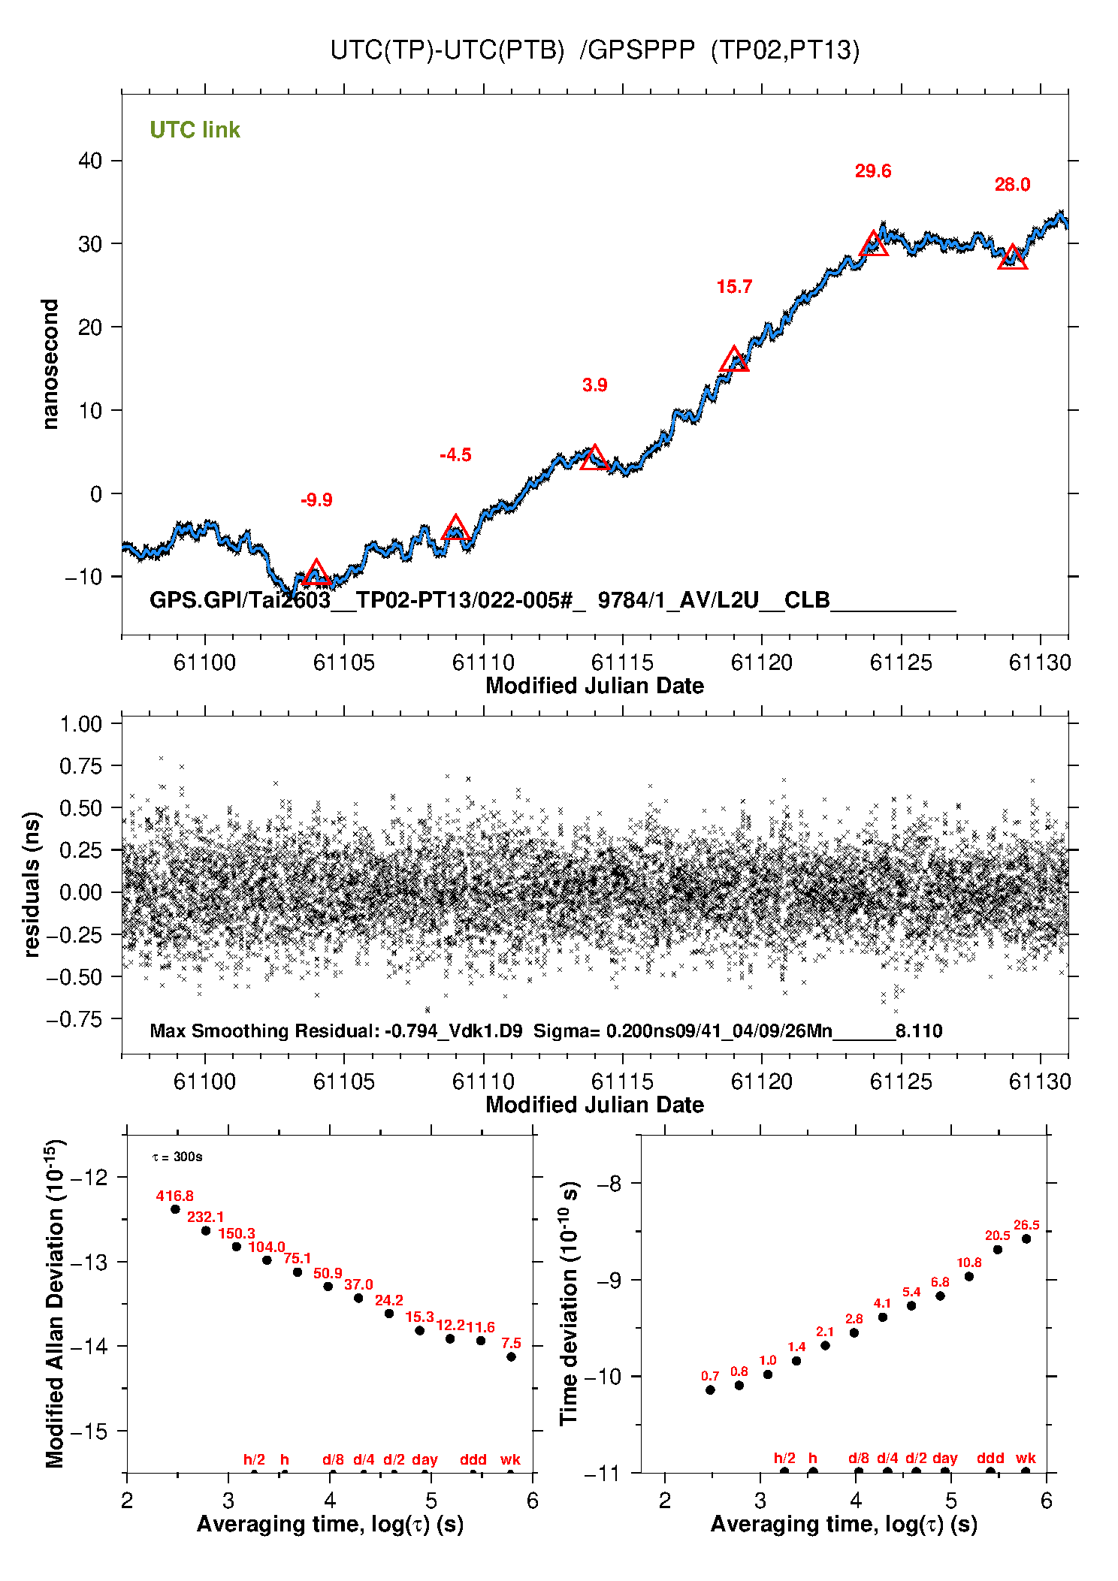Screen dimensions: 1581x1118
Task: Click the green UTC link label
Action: pyautogui.click(x=195, y=130)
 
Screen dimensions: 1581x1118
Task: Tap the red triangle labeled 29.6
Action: pyautogui.click(x=873, y=244)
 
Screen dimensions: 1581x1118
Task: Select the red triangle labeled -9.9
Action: pyautogui.click(x=316, y=573)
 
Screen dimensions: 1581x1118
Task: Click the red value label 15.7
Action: pyautogui.click(x=734, y=287)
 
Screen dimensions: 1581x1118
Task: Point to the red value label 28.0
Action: pyautogui.click(x=1012, y=185)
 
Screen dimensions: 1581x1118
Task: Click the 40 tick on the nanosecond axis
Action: pyautogui.click(x=90, y=161)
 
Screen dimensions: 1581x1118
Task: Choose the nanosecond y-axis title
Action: pyautogui.click(x=50, y=364)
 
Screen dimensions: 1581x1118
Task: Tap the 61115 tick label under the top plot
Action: pyautogui.click(x=622, y=662)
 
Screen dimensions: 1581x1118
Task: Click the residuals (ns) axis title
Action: pyautogui.click(x=32, y=884)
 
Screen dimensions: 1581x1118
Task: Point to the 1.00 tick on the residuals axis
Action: pyautogui.click(x=80, y=724)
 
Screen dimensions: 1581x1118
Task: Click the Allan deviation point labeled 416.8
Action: pyautogui.click(x=175, y=1209)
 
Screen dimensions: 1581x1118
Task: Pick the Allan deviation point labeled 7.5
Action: pyautogui.click(x=511, y=1356)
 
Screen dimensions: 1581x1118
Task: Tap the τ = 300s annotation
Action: pyautogui.click(x=177, y=1157)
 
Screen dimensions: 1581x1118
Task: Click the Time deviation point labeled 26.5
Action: pyautogui.click(x=1026, y=1239)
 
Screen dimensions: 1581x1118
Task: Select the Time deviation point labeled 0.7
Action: pyautogui.click(x=710, y=1389)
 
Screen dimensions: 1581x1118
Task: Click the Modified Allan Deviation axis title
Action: pyautogui.click(x=55, y=1303)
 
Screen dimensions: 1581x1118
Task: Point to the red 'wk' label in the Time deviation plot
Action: pyautogui.click(x=1026, y=1458)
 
